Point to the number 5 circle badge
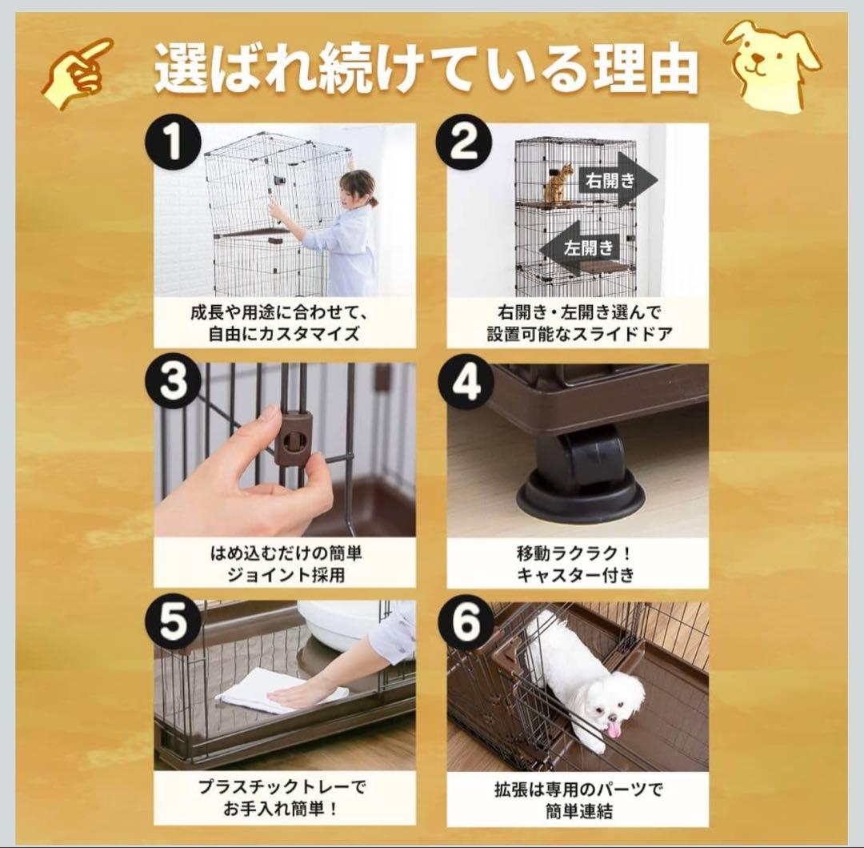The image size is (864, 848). [174, 623]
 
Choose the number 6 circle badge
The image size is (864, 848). [466, 623]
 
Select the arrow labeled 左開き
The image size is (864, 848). [582, 247]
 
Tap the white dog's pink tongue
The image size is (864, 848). [613, 729]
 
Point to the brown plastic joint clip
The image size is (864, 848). [292, 439]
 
